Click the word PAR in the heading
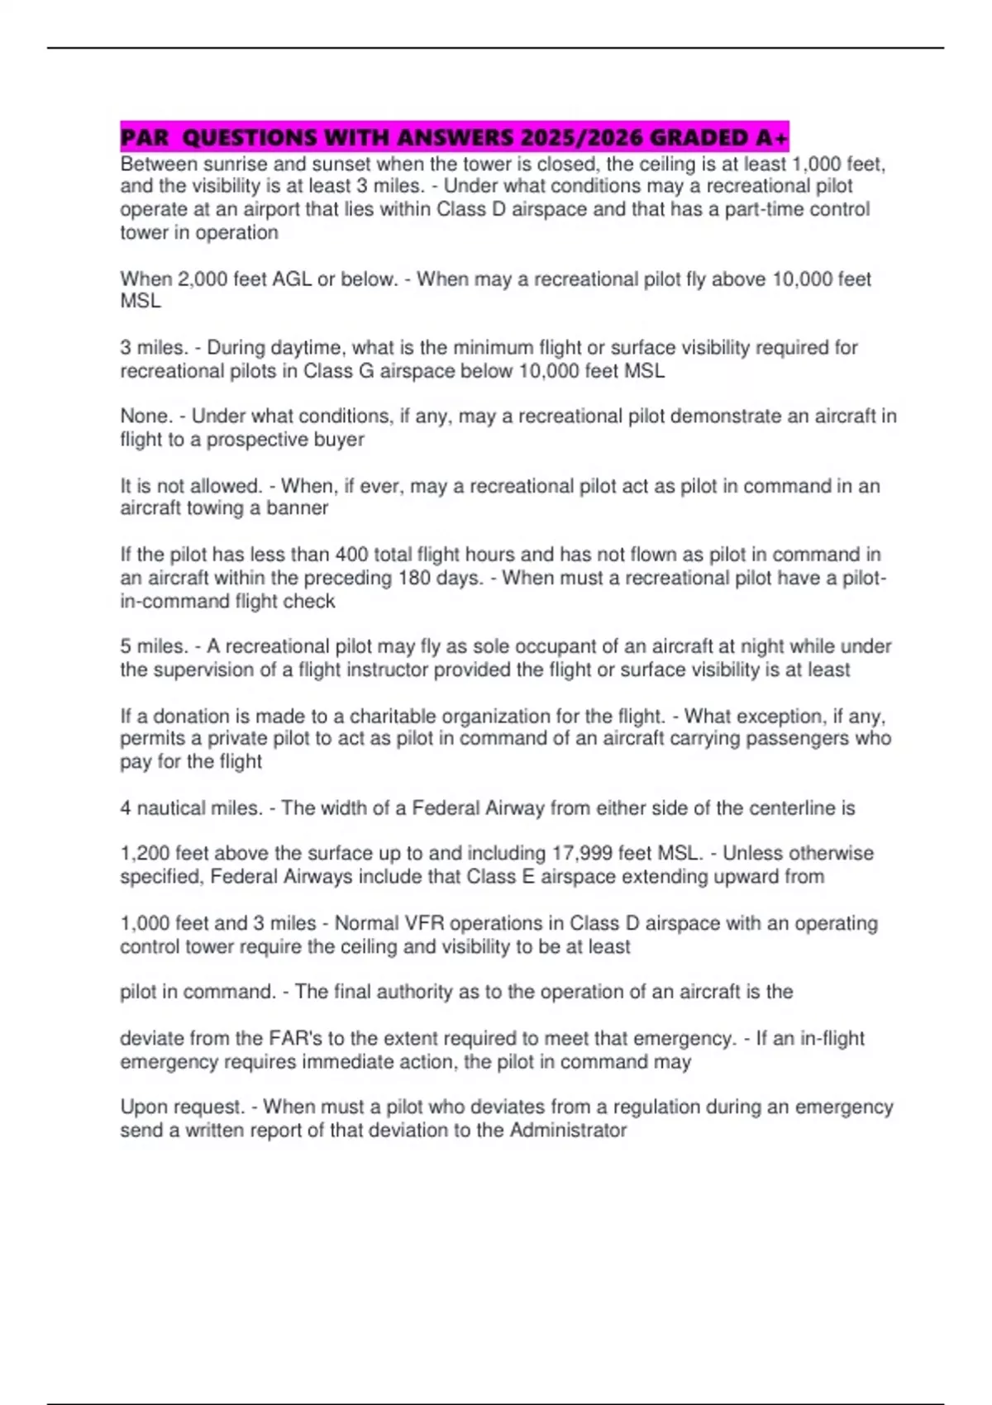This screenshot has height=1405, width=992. pyautogui.click(x=144, y=136)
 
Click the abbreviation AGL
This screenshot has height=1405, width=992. pyautogui.click(x=292, y=279)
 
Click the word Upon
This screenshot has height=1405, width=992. pyautogui.click(x=143, y=1107)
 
